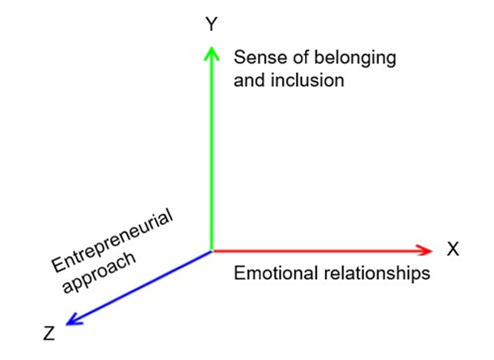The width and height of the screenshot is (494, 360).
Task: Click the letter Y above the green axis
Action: (210, 25)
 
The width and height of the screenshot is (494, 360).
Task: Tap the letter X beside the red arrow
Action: (453, 250)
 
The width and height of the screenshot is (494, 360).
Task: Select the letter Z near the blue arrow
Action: (49, 334)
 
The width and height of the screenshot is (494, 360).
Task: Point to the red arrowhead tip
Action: (432, 250)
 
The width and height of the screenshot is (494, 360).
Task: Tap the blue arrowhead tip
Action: (66, 324)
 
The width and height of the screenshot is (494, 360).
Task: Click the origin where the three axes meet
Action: (210, 250)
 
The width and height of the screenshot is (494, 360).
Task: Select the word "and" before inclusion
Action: (248, 79)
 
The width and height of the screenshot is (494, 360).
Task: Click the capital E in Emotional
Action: (239, 274)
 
